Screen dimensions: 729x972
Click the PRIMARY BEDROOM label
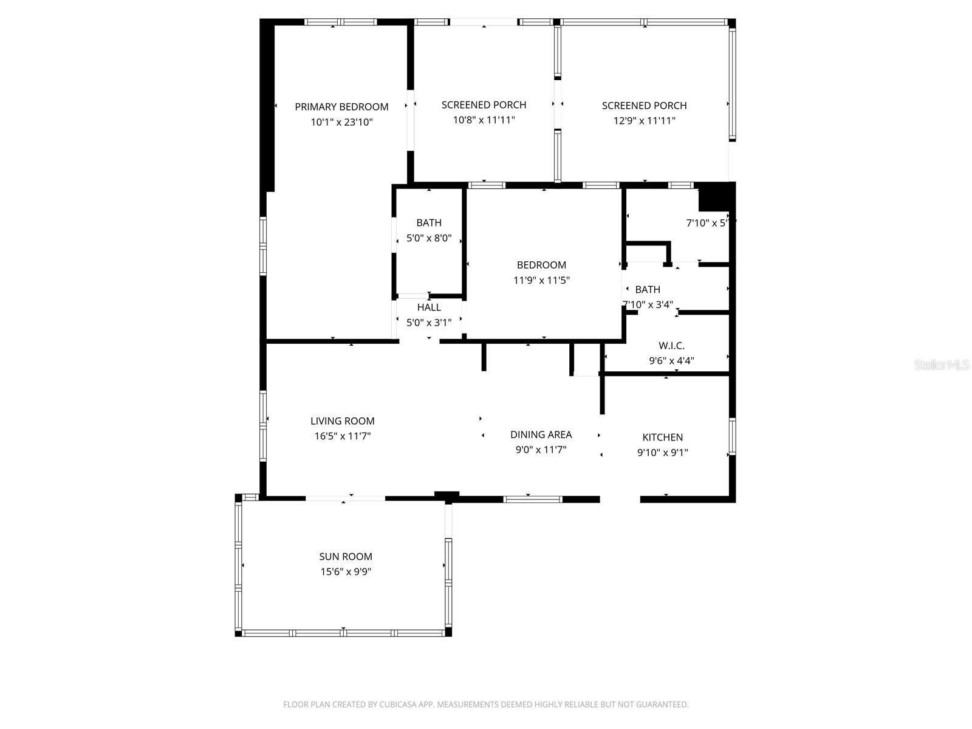tap(341, 107)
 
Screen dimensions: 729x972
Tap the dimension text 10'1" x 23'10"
tap(341, 122)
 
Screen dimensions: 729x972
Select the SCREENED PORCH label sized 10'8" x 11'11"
tap(484, 105)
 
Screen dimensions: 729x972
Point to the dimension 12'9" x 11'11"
tap(644, 121)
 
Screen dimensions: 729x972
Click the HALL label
tap(429, 307)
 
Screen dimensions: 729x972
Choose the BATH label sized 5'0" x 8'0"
tap(429, 223)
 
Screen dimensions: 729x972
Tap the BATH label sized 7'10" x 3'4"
tap(648, 290)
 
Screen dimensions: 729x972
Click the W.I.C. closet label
tap(671, 346)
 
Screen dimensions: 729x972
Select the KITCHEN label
tap(662, 437)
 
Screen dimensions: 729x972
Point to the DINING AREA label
tap(541, 434)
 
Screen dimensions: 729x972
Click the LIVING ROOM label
tap(342, 421)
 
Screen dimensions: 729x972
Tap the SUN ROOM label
tap(346, 556)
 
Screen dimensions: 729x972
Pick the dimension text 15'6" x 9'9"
tap(346, 572)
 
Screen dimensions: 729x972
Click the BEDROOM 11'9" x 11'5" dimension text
tap(541, 280)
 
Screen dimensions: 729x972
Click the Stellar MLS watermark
tap(941, 365)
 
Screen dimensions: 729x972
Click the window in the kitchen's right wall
tap(732, 436)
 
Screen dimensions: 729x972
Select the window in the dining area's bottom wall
tap(533, 499)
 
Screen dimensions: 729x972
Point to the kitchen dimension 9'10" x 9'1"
tap(662, 453)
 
